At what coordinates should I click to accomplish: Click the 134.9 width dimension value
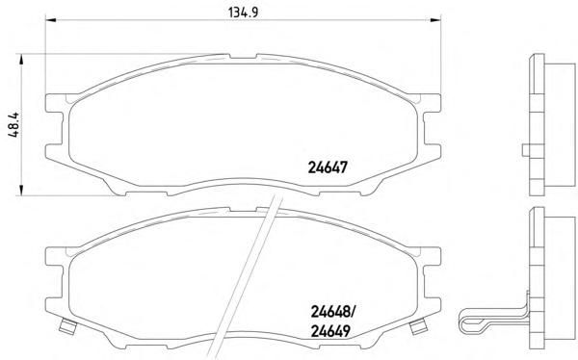tap(244, 13)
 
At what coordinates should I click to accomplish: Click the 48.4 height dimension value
tap(14, 125)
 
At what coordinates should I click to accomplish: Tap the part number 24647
tap(328, 168)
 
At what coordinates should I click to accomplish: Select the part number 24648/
tap(332, 313)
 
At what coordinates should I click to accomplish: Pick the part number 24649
tap(330, 332)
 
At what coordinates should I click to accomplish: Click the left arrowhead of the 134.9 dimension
tap(50, 19)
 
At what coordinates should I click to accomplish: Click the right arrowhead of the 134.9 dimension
tap(435, 19)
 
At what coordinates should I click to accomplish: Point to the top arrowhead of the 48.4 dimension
tap(21, 60)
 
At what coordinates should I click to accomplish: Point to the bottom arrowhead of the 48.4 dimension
tap(21, 190)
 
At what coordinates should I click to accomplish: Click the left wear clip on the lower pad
tap(68, 326)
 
